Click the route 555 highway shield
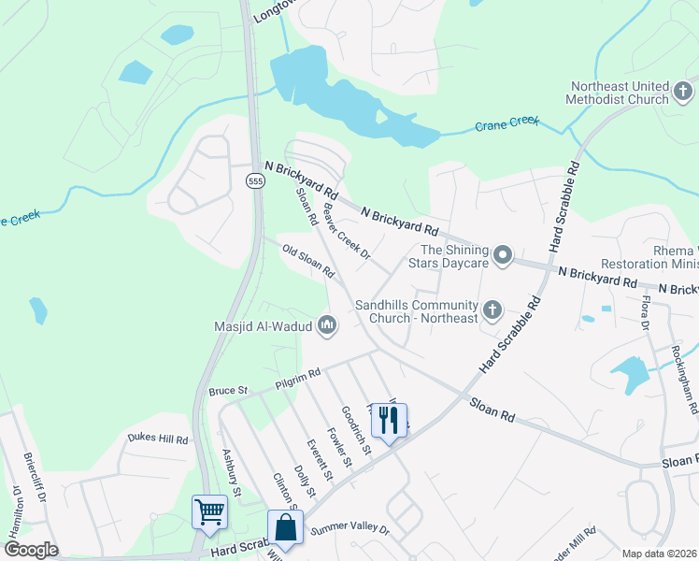pyautogui.click(x=255, y=180)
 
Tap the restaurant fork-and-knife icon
pyautogui.click(x=389, y=420)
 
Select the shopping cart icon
pyautogui.click(x=209, y=511)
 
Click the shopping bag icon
pyautogui.click(x=285, y=527)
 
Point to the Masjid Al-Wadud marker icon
pyautogui.click(x=327, y=325)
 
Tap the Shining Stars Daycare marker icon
pyautogui.click(x=503, y=255)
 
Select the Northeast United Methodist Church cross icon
pyautogui.click(x=682, y=92)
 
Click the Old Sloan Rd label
pyautogui.click(x=308, y=262)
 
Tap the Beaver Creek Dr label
pyautogui.click(x=347, y=234)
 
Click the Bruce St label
pyautogui.click(x=228, y=390)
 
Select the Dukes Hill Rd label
pyautogui.click(x=158, y=439)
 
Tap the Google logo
pyautogui.click(x=31, y=549)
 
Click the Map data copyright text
pyautogui.click(x=660, y=554)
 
